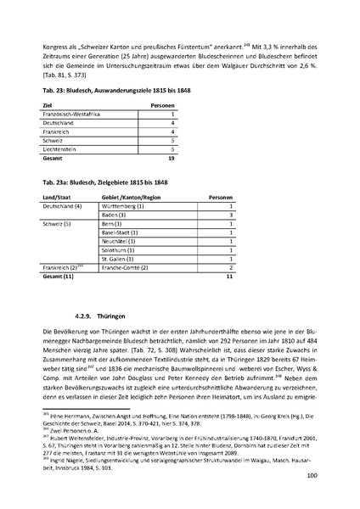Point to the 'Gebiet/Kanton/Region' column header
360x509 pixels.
pyautogui.click(x=130, y=197)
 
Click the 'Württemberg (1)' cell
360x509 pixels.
pyautogui.click(x=125, y=206)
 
